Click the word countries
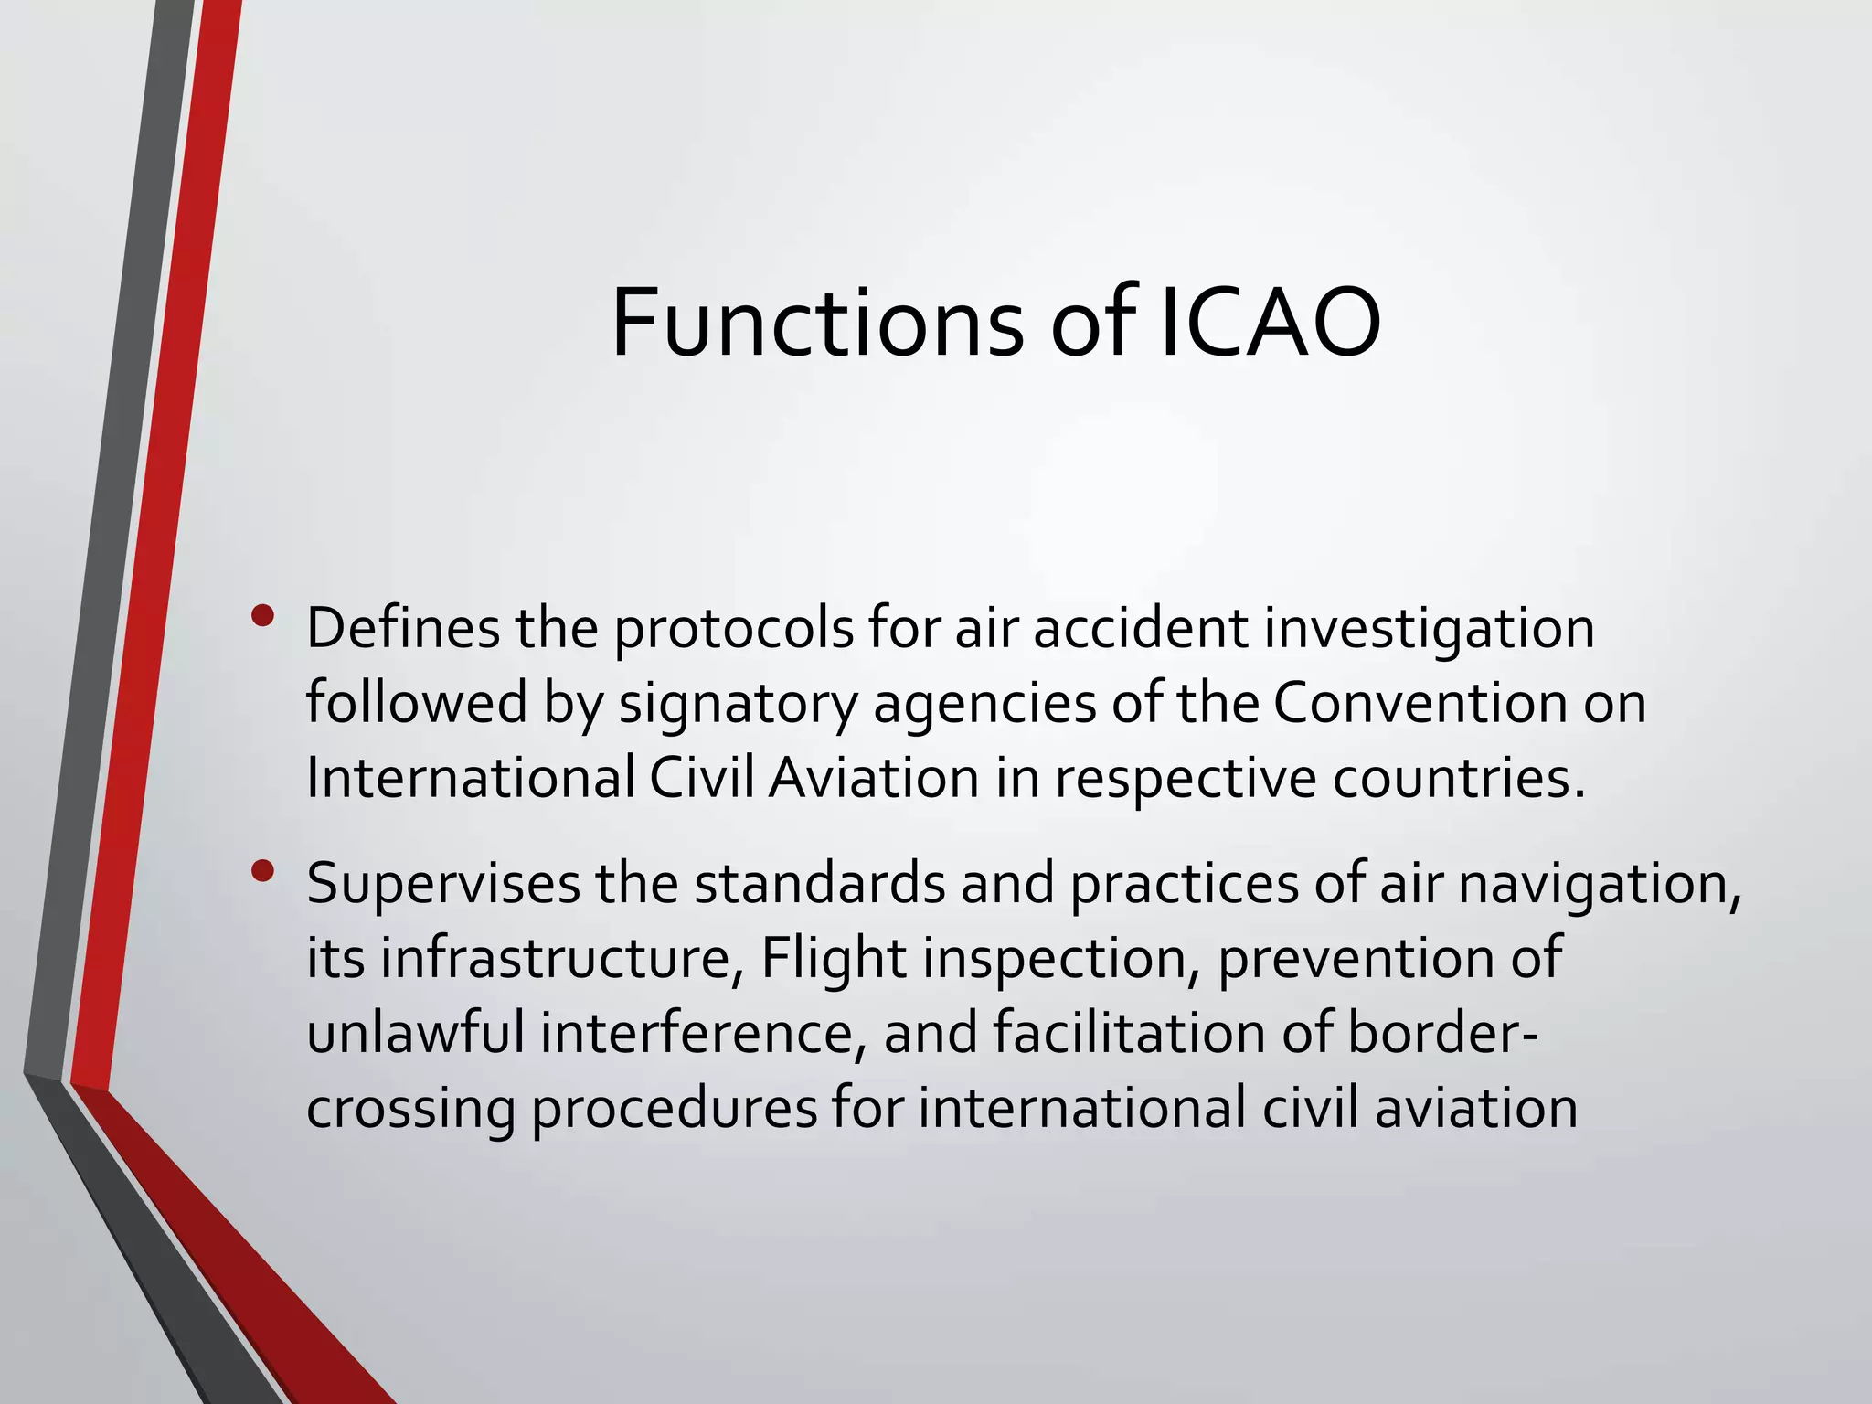click(1458, 780)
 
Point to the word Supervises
click(442, 886)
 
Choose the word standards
click(819, 884)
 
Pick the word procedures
click(675, 1109)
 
